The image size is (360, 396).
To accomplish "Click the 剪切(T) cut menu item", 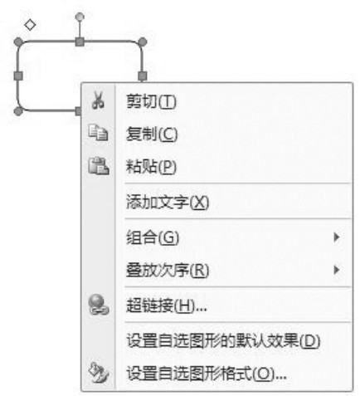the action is [x=151, y=101].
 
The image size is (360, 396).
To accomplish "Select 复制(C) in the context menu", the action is [x=152, y=134].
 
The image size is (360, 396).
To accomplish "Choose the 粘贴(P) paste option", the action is [x=151, y=167].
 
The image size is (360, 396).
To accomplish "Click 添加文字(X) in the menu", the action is [x=168, y=202].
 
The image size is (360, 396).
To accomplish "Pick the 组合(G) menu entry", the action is [x=153, y=237].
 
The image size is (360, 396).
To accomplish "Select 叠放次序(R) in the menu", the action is [x=168, y=270].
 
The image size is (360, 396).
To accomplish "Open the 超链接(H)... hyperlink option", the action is [x=167, y=306].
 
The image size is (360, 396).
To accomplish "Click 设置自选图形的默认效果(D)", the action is [x=223, y=340].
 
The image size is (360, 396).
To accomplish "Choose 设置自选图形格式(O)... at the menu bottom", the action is [x=207, y=374].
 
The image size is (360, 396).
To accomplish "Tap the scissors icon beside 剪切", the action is [x=98, y=100].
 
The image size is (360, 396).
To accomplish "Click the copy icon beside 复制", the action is [x=98, y=133].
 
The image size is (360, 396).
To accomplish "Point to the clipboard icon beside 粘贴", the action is [x=99, y=166].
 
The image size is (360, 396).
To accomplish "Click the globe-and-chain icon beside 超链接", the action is [x=99, y=305].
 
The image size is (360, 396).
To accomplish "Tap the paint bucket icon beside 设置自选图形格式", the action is [x=99, y=373].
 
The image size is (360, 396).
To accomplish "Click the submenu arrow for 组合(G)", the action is [x=337, y=237].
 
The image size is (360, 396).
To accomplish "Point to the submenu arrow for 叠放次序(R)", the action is [x=337, y=270].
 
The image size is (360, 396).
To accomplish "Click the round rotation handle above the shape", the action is [x=80, y=17].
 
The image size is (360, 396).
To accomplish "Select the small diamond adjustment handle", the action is [x=30, y=25].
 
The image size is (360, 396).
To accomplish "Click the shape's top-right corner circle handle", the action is [x=142, y=42].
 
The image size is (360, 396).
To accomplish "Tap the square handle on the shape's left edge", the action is [x=18, y=76].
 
